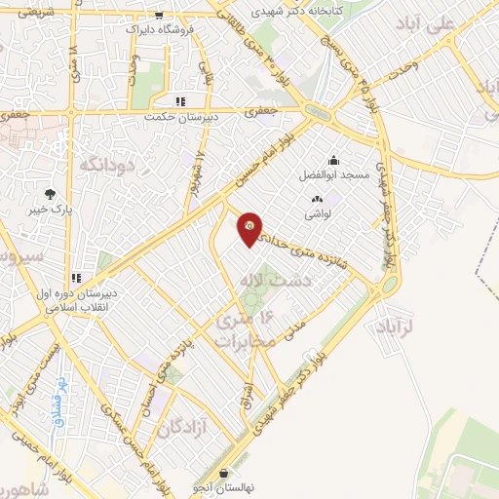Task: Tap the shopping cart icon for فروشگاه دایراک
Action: tap(159, 17)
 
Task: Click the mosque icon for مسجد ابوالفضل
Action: tap(333, 161)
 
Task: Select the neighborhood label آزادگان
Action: tap(185, 427)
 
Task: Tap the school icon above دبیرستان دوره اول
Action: tap(77, 278)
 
